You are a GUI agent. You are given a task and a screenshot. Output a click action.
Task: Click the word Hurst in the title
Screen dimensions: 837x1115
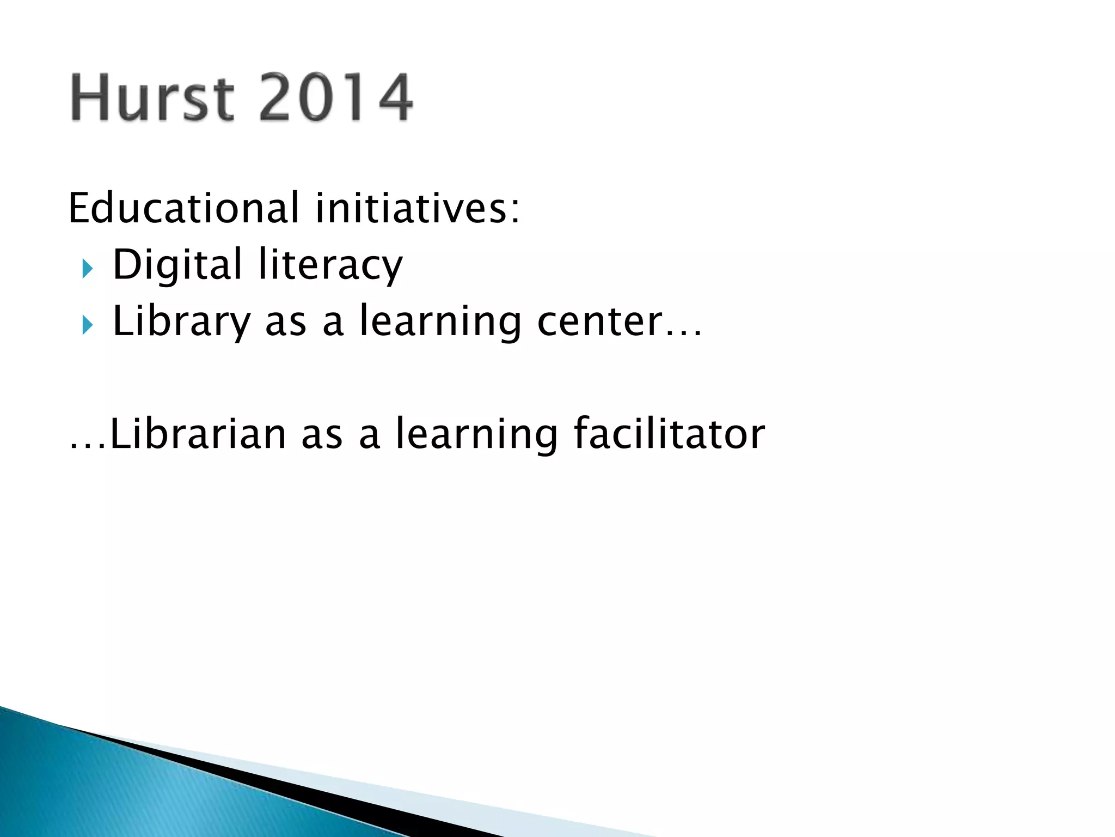(x=152, y=98)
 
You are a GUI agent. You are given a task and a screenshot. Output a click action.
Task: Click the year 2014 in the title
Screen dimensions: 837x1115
(x=335, y=98)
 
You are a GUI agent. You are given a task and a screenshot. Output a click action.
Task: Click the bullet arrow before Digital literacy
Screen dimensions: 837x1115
(x=87, y=269)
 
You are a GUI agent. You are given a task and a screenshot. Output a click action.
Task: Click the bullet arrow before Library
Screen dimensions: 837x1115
(x=87, y=325)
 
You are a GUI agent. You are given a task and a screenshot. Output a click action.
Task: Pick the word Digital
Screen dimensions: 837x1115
(x=177, y=265)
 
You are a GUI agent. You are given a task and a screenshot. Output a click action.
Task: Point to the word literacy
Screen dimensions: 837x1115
(x=330, y=265)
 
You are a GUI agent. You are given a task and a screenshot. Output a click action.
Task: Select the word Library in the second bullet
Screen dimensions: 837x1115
(x=181, y=323)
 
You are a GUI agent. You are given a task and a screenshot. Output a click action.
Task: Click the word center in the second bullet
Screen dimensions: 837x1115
(x=599, y=323)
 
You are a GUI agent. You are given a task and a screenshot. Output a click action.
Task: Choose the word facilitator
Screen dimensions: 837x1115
(x=669, y=434)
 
